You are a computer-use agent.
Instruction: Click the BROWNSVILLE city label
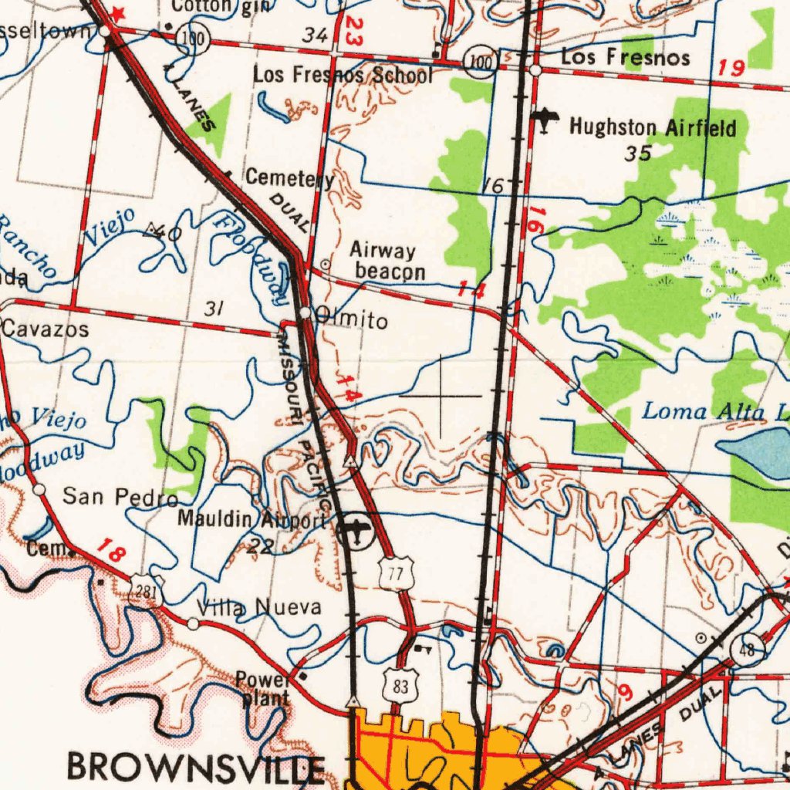[196, 767]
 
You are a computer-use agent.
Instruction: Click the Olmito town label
[352, 319]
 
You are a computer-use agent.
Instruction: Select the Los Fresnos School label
[343, 75]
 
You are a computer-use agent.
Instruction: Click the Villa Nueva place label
[259, 608]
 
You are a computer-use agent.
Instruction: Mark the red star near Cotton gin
[118, 12]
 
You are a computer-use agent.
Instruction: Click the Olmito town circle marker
[306, 312]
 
